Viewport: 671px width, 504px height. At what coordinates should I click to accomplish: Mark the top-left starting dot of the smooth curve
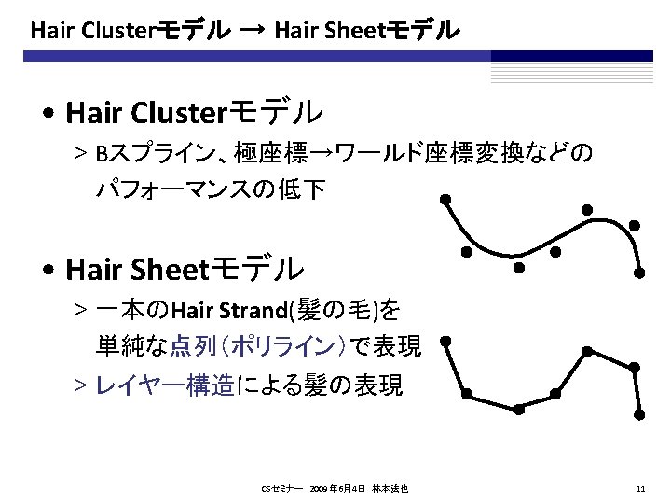click(446, 199)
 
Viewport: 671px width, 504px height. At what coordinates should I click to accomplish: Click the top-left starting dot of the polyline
click(446, 343)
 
